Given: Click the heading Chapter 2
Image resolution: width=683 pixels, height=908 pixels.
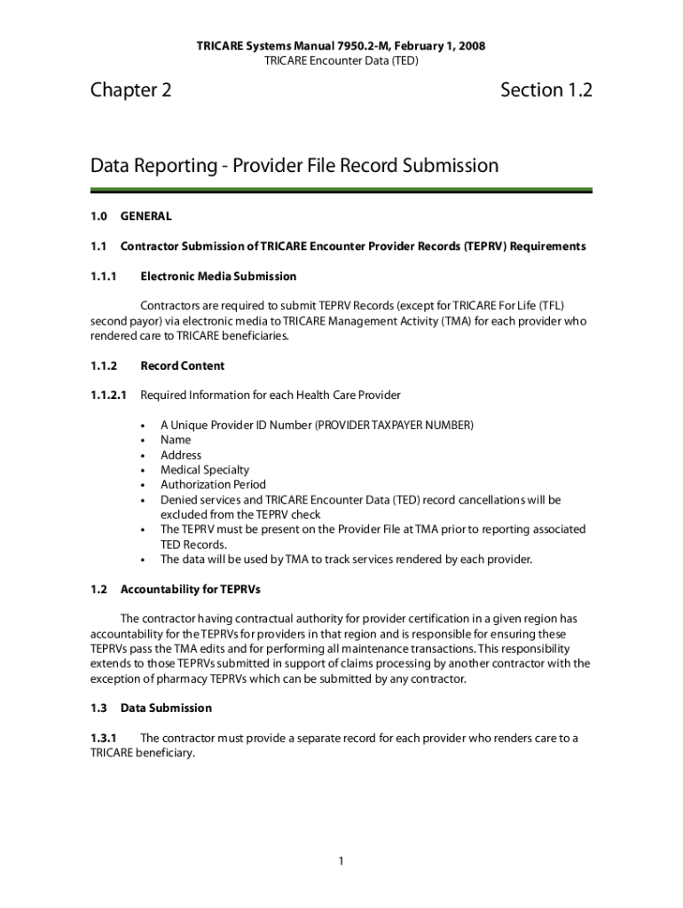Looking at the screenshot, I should coord(130,90).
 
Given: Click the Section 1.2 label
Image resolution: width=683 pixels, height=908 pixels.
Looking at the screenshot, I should coord(546,90).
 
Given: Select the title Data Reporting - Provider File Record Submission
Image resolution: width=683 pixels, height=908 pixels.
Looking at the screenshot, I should coord(294,166).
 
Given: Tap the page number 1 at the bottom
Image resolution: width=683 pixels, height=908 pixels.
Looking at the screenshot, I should coord(341,861).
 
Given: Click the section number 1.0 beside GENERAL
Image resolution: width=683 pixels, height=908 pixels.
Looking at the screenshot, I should coord(98,215).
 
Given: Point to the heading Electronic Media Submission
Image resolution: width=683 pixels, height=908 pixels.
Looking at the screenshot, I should coord(218,277).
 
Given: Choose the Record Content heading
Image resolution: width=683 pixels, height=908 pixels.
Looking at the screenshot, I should coord(182,365).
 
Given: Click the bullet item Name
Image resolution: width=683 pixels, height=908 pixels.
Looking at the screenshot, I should coord(176,440).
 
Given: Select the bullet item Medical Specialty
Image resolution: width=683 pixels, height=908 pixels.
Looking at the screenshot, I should coord(205,470).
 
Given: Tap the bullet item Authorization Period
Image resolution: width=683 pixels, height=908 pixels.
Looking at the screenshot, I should coord(213,485).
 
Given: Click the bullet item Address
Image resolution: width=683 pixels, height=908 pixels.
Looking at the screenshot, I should coord(181,455).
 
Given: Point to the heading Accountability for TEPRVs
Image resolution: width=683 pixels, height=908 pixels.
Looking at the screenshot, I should coord(190,589).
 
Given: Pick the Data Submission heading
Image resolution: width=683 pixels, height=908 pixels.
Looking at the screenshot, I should coord(166,708).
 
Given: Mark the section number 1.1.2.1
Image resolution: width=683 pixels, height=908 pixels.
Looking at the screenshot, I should coord(109,395).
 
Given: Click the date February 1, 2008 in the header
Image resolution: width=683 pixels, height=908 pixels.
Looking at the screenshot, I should coord(441,45).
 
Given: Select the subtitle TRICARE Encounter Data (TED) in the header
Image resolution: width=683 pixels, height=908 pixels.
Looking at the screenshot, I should coord(341,60).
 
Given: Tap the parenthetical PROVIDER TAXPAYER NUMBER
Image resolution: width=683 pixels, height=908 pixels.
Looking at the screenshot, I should coord(394,425).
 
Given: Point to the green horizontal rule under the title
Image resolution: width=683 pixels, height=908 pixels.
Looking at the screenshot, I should coord(341,191).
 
